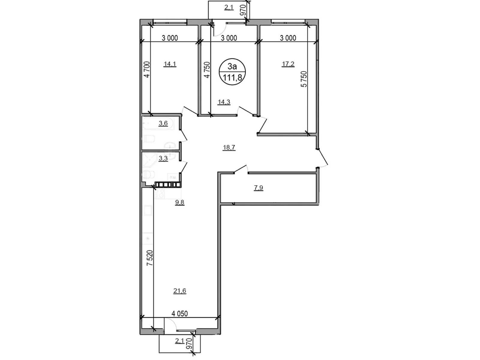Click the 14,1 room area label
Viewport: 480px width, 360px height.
pos(170,64)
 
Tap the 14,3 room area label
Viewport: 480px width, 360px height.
pos(224,102)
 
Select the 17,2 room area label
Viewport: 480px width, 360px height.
pos(288,64)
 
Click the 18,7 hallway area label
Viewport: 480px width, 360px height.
pos(229,147)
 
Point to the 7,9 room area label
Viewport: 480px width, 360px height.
pos(258,188)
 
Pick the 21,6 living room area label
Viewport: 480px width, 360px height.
pos(180,291)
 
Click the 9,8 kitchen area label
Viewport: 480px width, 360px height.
pos(180,202)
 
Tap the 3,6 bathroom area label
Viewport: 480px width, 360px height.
pos(163,123)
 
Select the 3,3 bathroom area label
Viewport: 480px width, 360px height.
pos(163,159)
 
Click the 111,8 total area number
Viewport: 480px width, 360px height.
pos(232,78)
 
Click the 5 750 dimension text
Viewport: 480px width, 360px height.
pos(304,79)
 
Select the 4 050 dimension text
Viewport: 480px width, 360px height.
pos(180,314)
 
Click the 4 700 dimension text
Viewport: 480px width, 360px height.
pos(146,69)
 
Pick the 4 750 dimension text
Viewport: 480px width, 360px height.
pos(207,70)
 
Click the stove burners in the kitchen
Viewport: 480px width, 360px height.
pos(159,193)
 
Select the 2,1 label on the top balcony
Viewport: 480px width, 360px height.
pos(229,7)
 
